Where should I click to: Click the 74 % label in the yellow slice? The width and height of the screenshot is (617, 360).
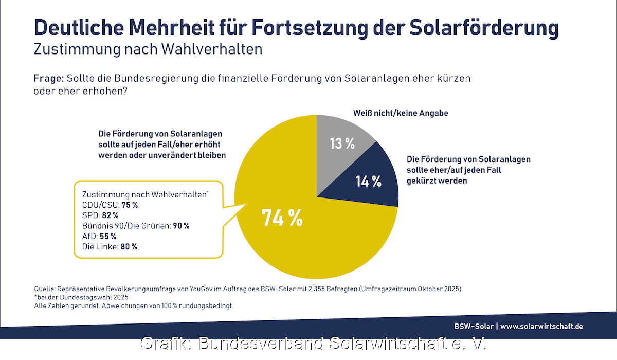pos(282,218)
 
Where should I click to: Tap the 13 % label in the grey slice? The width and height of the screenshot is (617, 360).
pos(342,143)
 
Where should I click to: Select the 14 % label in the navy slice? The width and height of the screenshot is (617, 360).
pos(369,181)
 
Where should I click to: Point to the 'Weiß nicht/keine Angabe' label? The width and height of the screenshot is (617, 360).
pos(401,113)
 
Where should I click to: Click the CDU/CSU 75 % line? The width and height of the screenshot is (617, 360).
pos(110,205)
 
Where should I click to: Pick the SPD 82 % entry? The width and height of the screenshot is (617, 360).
pos(100,215)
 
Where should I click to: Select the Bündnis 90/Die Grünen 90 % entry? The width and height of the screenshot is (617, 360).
pos(136,226)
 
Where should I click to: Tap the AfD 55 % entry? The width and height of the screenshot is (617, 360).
pos(99,236)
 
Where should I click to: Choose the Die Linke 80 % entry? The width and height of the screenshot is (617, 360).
pos(110,247)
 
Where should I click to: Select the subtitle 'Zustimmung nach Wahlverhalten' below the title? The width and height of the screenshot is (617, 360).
pos(148,49)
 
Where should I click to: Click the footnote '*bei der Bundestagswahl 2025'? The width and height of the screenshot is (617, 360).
pos(81,297)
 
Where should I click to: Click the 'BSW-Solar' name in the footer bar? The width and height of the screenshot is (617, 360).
pos(473,326)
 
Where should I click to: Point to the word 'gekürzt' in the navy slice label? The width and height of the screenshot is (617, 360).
pos(421,181)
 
